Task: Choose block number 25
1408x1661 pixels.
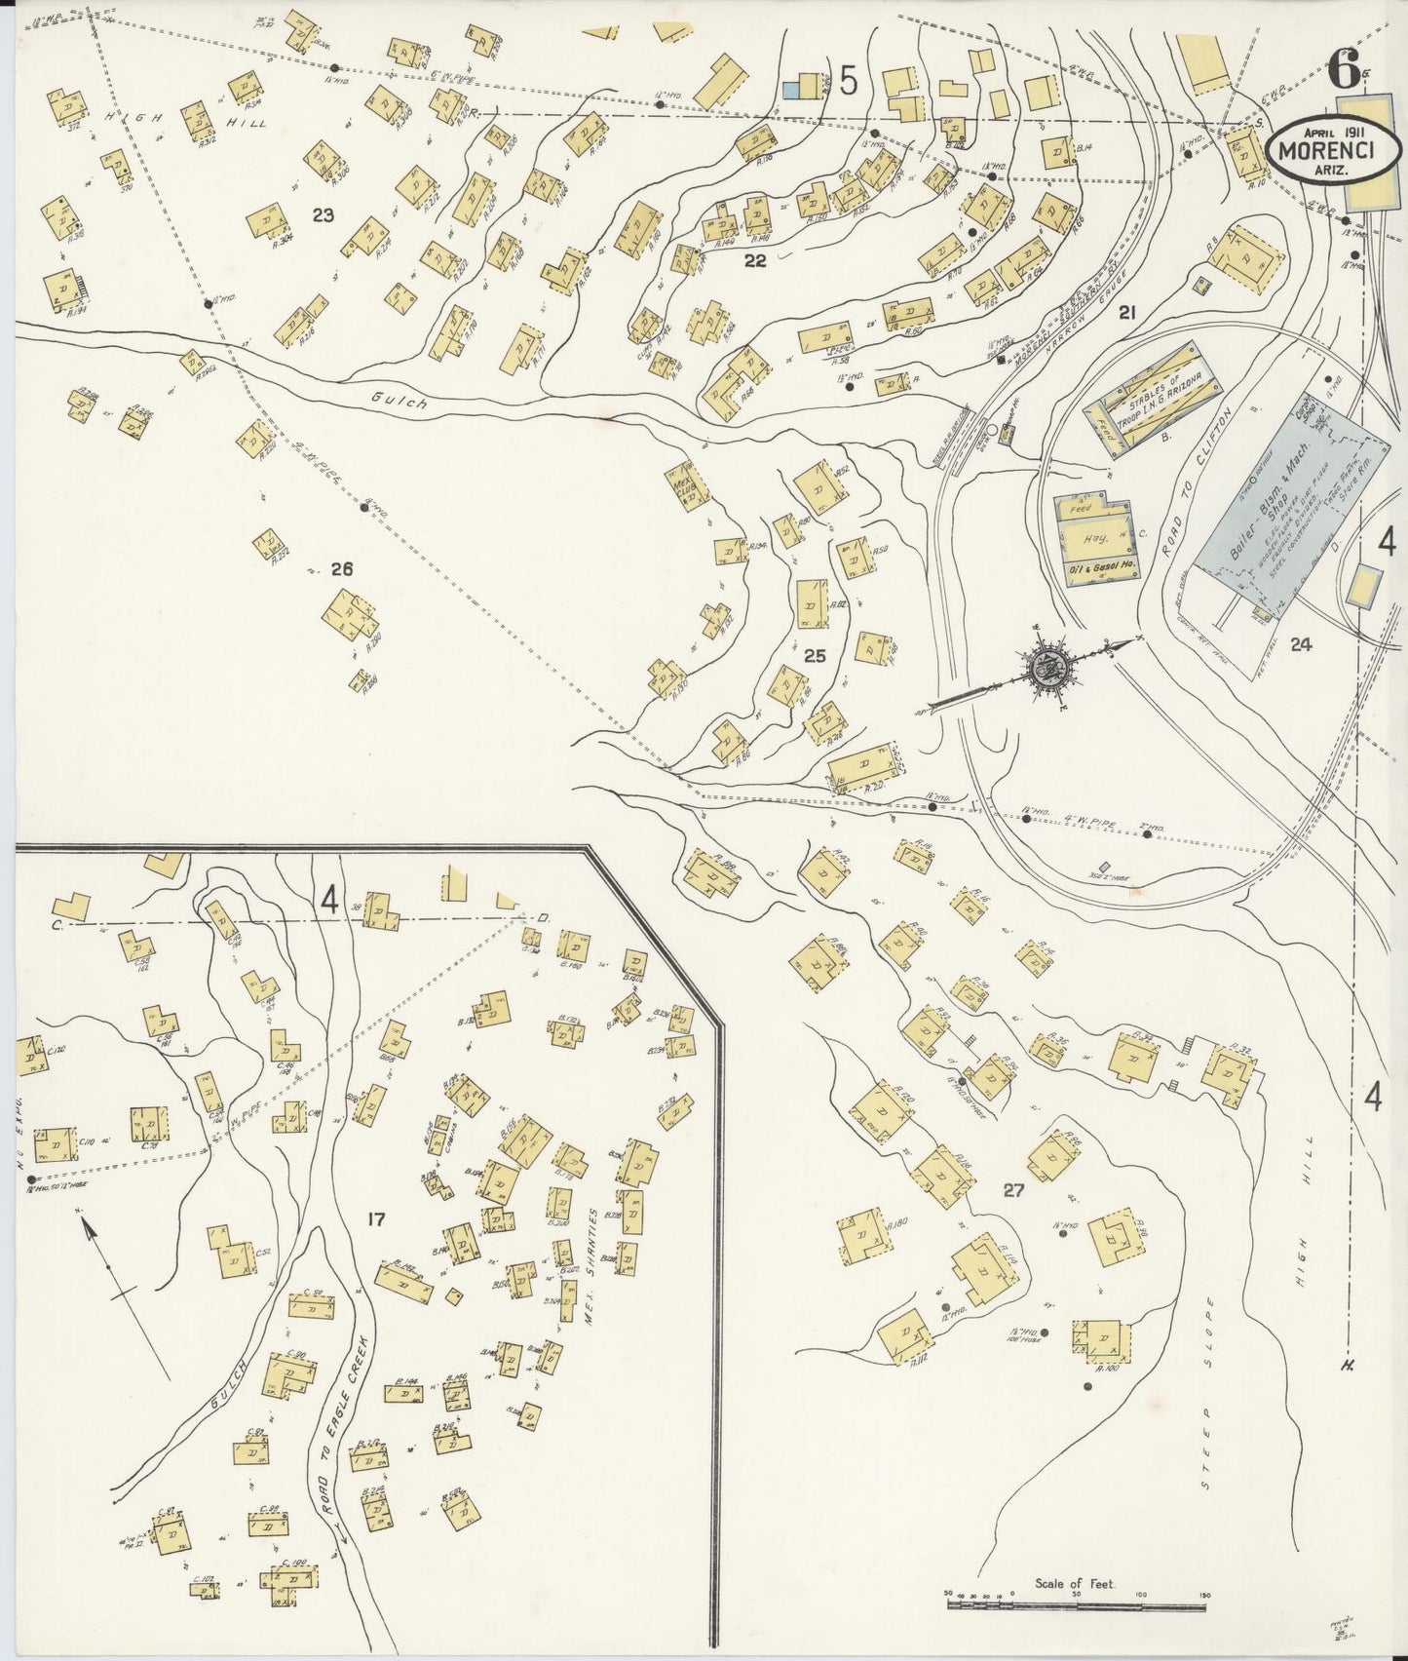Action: pos(815,656)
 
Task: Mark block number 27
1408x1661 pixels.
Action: pos(1014,1190)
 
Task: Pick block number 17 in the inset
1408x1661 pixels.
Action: pos(378,1218)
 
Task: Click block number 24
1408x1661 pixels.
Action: pos(1300,643)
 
